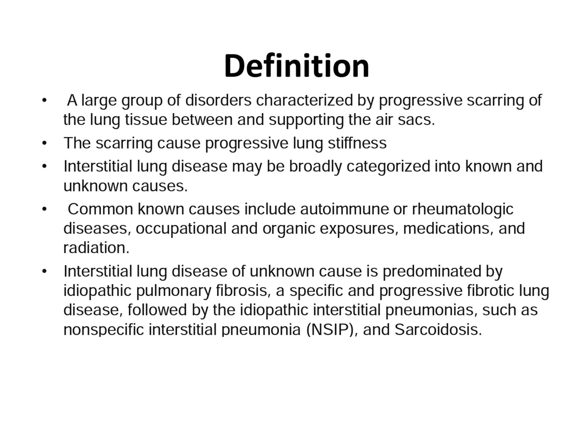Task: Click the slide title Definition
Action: pos(297,66)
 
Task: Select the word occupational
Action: pos(181,228)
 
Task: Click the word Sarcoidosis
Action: pos(438,329)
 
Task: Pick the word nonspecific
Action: pos(103,329)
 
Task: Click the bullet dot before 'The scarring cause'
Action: pos(44,143)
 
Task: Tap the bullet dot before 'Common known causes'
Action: pos(44,209)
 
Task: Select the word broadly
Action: pos(315,166)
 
